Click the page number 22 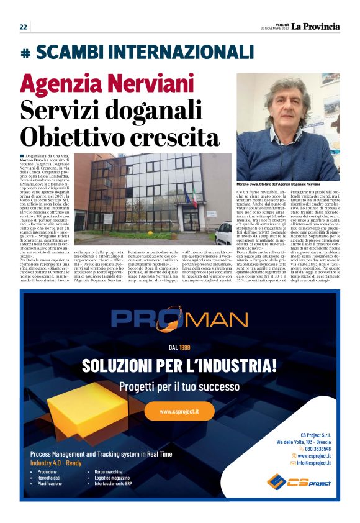click(23, 27)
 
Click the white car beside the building click(223, 233)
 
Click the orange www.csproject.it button click(179, 411)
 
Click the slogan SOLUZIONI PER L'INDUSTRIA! click(179, 364)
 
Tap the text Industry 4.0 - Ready click(56, 463)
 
